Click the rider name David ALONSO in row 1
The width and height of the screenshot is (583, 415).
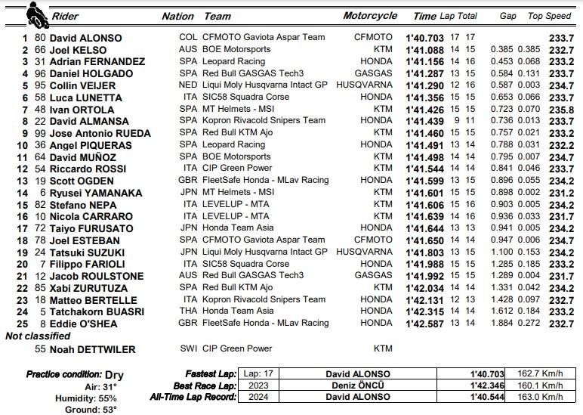click(85, 37)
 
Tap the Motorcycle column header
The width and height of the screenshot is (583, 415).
click(370, 16)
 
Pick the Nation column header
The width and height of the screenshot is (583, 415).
click(177, 16)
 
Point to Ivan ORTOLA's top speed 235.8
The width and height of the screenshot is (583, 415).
click(566, 109)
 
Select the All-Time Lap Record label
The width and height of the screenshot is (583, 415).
click(193, 396)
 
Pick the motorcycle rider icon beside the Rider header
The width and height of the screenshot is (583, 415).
click(35, 14)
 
